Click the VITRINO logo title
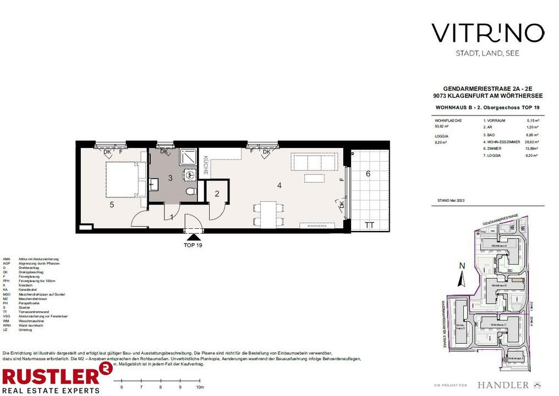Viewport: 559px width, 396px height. (x=487, y=33)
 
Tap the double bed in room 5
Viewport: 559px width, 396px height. (x=122, y=179)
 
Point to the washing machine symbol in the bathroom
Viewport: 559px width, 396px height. (x=190, y=175)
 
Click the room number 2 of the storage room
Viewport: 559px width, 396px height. (x=217, y=193)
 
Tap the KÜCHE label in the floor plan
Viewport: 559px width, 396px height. (x=205, y=166)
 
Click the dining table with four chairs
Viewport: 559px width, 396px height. (x=268, y=214)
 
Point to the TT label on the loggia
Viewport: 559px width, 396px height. (x=368, y=224)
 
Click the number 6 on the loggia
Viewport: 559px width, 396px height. (x=368, y=174)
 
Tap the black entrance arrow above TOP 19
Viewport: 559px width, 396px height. (x=193, y=237)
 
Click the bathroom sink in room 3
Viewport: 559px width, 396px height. (x=154, y=185)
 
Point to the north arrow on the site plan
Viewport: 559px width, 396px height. (x=462, y=275)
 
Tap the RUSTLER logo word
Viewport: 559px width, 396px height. (x=48, y=377)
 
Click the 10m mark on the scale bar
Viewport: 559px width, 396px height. (x=199, y=387)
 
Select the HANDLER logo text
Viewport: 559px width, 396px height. (x=503, y=384)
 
